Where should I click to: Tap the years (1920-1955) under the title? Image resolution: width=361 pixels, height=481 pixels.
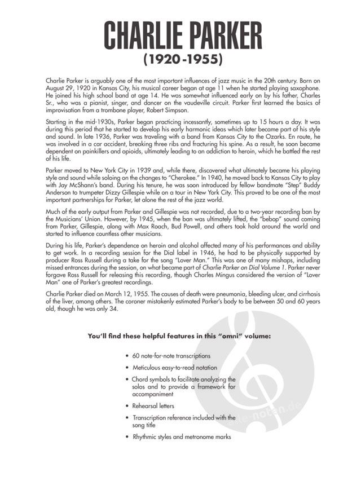pyautogui.click(x=180, y=59)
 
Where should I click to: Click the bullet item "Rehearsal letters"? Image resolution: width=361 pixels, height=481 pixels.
pyautogui.click(x=153, y=406)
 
